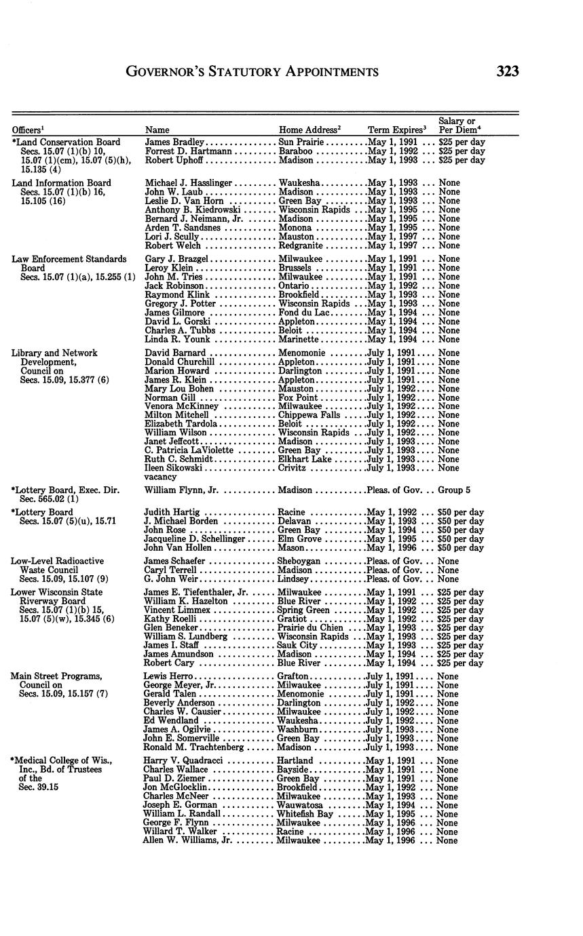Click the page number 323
click(507, 71)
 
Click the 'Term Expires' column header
click(396, 130)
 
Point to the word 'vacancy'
click(160, 477)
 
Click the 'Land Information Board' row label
click(61, 183)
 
